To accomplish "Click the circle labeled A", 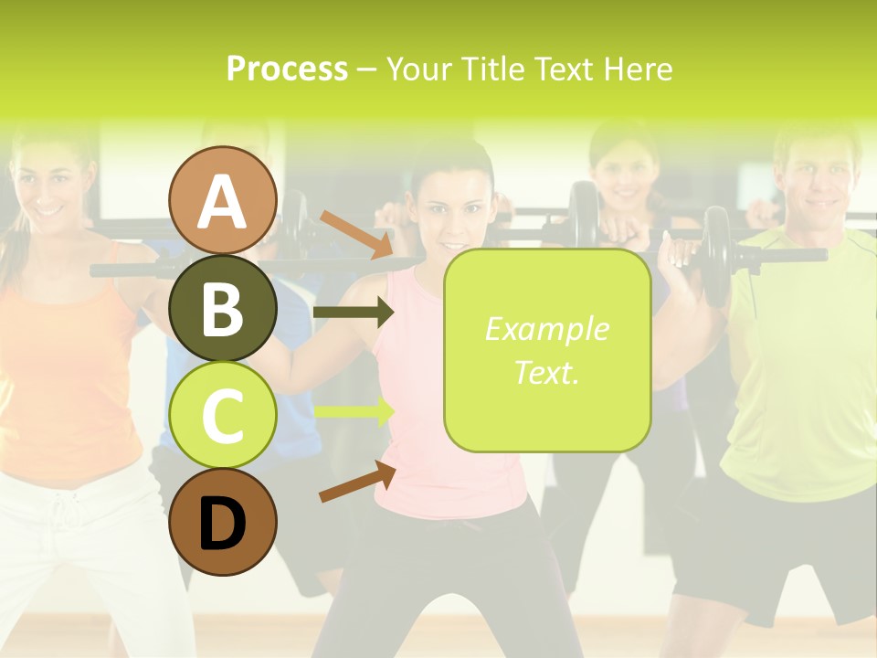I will point(223,200).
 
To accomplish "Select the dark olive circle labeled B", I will point(223,309).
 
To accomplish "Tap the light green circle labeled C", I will point(223,416).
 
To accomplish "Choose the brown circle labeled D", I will point(223,522).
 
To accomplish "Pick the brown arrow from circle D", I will point(357,482).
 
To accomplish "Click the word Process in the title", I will point(287,69).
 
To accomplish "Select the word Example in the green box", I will point(546,329).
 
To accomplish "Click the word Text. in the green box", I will point(546,372).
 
